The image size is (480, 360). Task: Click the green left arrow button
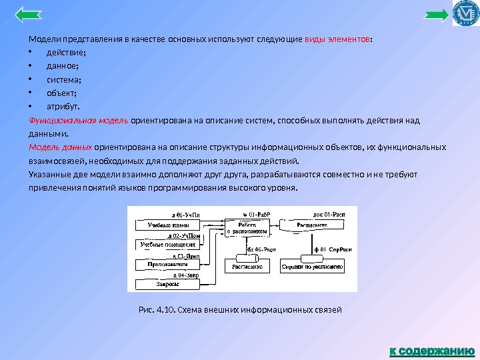tap(27, 15)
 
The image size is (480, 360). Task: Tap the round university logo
tap(465, 14)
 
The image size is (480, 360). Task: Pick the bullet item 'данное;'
tap(62, 66)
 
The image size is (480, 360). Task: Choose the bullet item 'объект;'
tap(61, 93)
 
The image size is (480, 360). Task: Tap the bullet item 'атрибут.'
tap(62, 106)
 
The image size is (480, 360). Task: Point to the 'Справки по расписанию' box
tap(313, 265)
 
